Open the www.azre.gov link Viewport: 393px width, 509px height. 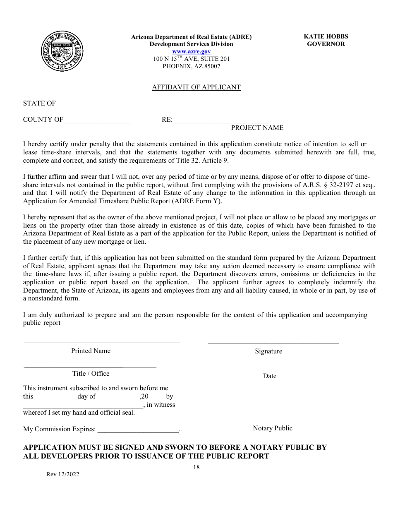pyautogui.click(x=191, y=51)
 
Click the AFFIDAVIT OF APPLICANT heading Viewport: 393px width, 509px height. pyautogui.click(x=196, y=87)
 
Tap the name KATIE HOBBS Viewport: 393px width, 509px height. pyautogui.click(x=326, y=36)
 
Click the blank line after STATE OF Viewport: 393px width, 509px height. pyautogui.click(x=93, y=106)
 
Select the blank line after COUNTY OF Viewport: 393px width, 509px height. pyautogui.click(x=97, y=122)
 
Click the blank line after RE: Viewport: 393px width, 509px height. pyautogui.click(x=220, y=122)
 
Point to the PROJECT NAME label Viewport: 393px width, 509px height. pyautogui.click(x=257, y=128)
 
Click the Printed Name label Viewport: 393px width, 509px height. pyautogui.click(x=91, y=351)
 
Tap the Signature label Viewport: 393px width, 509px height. pyautogui.click(x=268, y=351)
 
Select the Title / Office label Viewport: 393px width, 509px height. pyautogui.click(x=91, y=374)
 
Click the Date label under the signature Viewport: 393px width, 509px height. pyautogui.click(x=269, y=376)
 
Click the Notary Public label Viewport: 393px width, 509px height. pyautogui.click(x=272, y=428)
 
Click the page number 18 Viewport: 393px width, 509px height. pyautogui.click(x=196, y=467)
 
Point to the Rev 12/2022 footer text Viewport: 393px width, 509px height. pyautogui.click(x=62, y=475)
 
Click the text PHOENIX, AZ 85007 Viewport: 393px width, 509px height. pyautogui.click(x=191, y=66)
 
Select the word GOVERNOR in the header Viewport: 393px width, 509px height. pyautogui.click(x=326, y=44)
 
